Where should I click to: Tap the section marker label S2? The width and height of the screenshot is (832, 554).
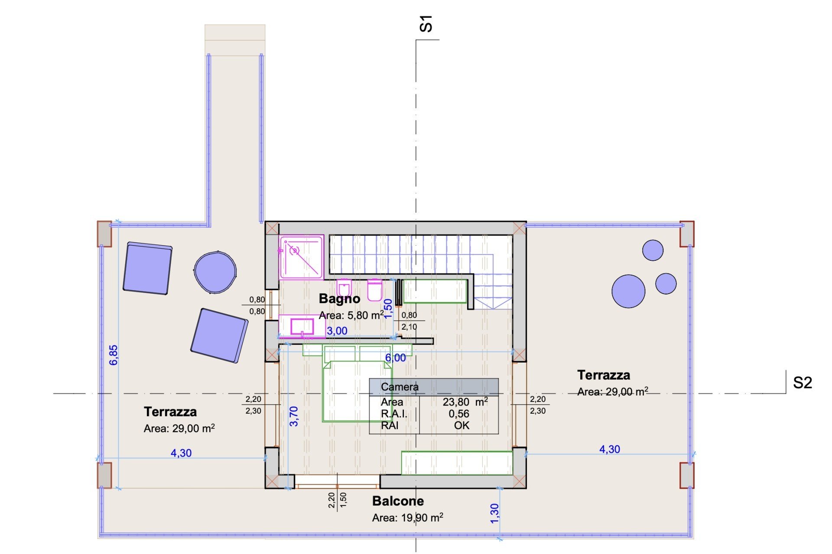802,383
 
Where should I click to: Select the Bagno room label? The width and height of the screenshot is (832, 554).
339,298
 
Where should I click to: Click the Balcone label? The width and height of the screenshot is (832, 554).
398,501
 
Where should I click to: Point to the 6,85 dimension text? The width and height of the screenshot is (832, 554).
114,355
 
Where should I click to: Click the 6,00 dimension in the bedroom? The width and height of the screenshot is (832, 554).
396,358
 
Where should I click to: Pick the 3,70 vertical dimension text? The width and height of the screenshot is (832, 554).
294,416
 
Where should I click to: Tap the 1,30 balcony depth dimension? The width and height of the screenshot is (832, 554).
494,513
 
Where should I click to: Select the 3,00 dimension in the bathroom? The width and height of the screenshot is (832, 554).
337,331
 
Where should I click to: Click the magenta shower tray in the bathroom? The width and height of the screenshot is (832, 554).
302,257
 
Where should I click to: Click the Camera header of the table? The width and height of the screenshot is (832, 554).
400,387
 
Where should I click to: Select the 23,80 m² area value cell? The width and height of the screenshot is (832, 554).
465,402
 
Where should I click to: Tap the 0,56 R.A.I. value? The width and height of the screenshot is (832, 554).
459,414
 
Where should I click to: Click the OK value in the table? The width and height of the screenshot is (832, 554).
461,425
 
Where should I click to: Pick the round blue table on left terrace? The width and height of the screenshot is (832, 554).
215,272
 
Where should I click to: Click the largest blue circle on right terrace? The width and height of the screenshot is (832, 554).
628,291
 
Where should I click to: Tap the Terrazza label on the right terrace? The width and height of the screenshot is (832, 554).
604,375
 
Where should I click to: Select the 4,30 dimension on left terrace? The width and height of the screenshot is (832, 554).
181,453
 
